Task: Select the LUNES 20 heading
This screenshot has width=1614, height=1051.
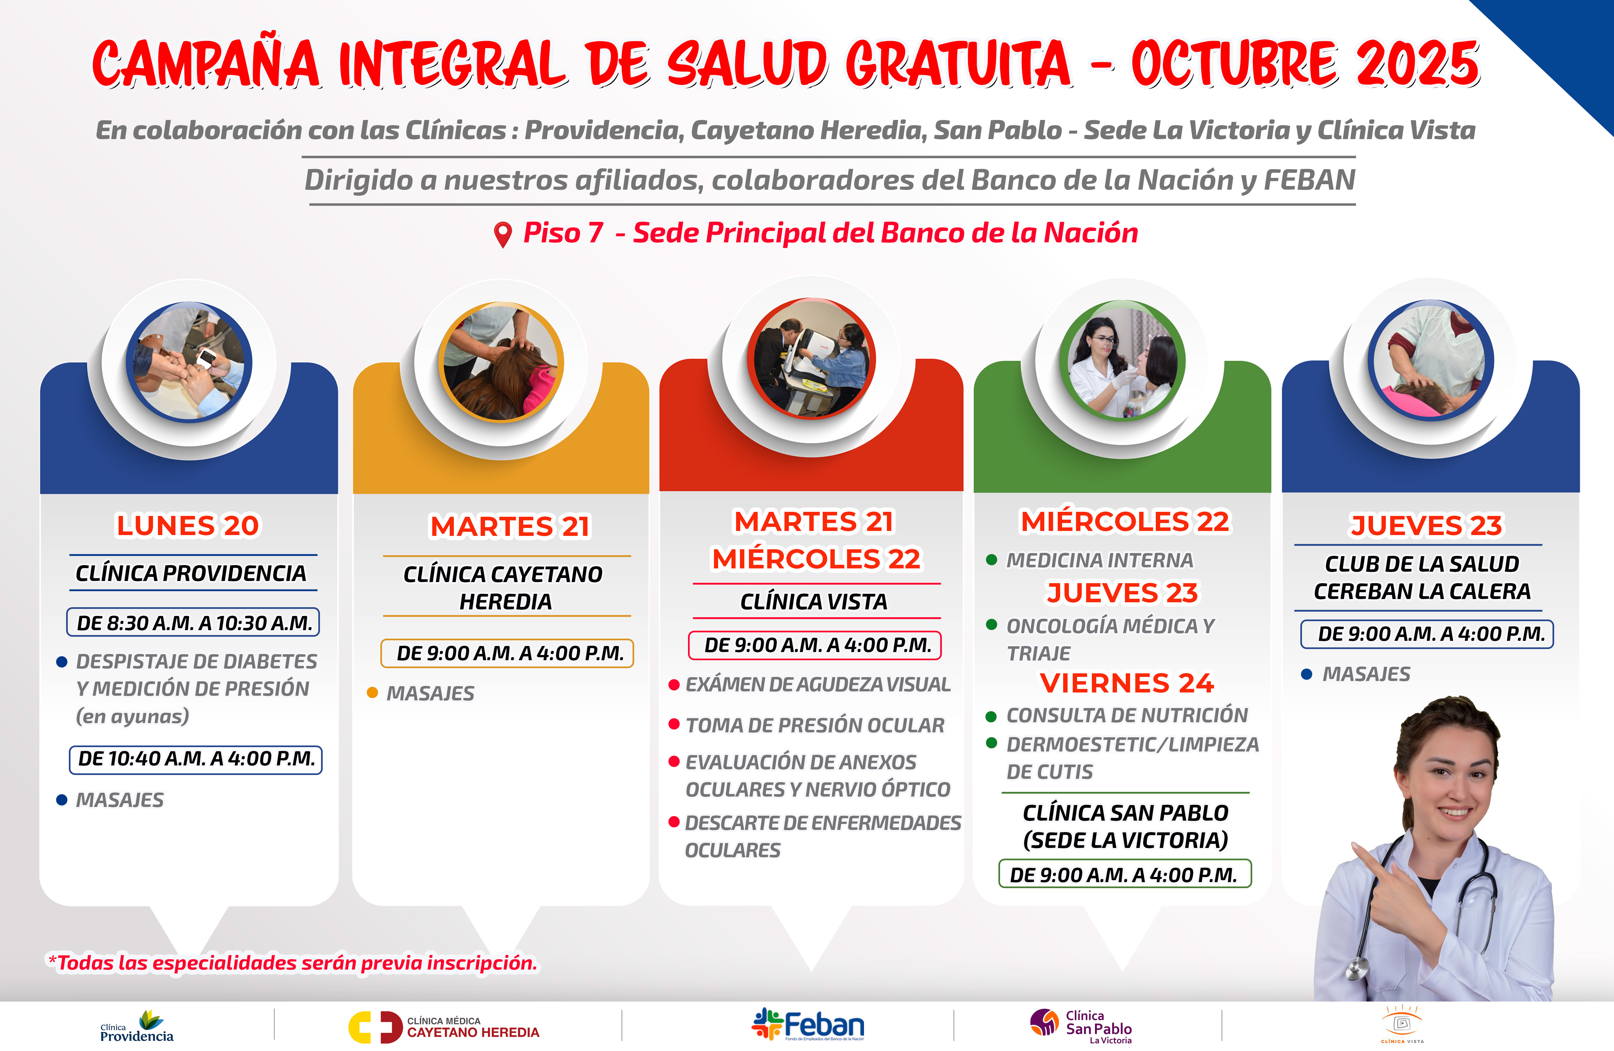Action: [188, 525]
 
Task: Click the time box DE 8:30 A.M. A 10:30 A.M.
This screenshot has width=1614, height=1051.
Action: [193, 623]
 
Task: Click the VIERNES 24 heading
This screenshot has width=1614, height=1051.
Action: [1126, 683]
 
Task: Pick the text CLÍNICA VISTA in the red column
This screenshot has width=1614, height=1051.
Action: [814, 601]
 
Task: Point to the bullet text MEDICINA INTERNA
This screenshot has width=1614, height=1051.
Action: [1099, 560]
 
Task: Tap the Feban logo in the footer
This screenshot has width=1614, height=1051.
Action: [808, 1024]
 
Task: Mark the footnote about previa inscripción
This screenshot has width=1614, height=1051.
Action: [292, 963]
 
